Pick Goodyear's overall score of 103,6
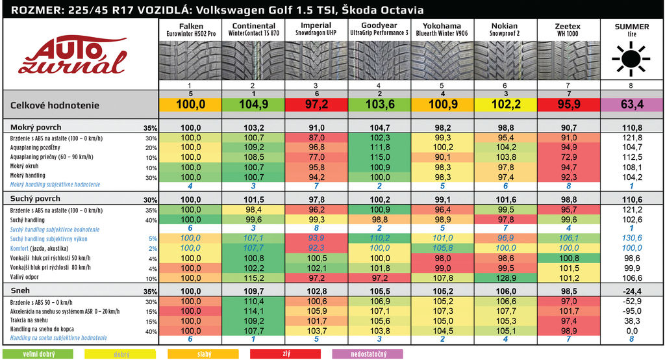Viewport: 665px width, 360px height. (x=380, y=104)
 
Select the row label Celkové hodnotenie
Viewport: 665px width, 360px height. (x=55, y=105)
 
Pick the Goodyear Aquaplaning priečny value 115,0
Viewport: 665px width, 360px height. (x=380, y=157)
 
